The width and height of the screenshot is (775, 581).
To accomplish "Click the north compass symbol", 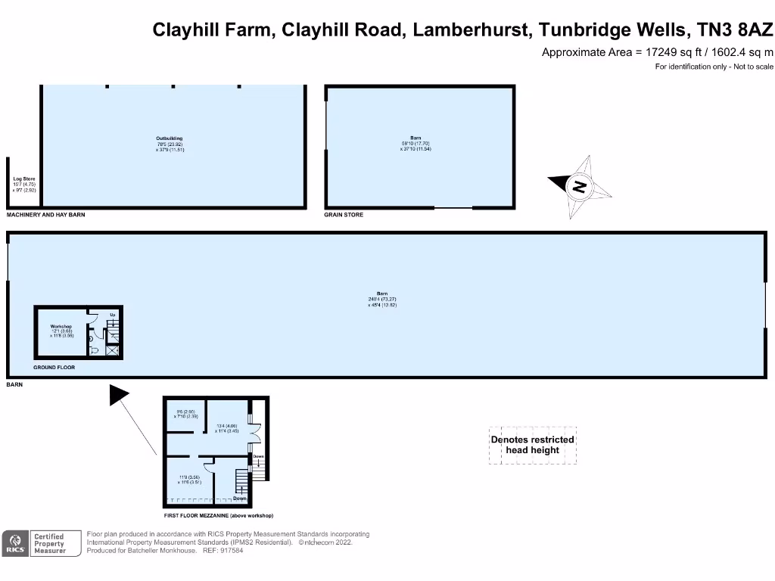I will (580, 187).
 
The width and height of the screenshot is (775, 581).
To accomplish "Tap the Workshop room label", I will (61, 327).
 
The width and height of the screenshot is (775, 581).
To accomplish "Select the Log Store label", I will (25, 179).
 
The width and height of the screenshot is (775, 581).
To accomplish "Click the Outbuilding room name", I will (170, 138).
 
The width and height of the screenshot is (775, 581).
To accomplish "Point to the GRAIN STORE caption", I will (344, 215).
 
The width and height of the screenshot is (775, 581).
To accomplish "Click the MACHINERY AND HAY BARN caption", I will (46, 215).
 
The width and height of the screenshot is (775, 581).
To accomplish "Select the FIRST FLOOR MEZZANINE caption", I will (219, 515).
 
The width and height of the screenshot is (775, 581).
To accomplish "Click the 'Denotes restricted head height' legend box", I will (533, 445).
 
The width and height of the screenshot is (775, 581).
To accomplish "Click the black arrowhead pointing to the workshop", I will (119, 395).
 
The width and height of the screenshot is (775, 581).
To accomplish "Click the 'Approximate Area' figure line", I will (658, 52).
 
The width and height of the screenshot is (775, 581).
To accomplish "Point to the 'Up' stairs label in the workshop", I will (112, 314).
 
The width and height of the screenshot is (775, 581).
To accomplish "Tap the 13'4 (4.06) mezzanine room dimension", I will (226, 426).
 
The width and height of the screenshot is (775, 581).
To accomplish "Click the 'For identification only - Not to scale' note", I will (714, 67).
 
